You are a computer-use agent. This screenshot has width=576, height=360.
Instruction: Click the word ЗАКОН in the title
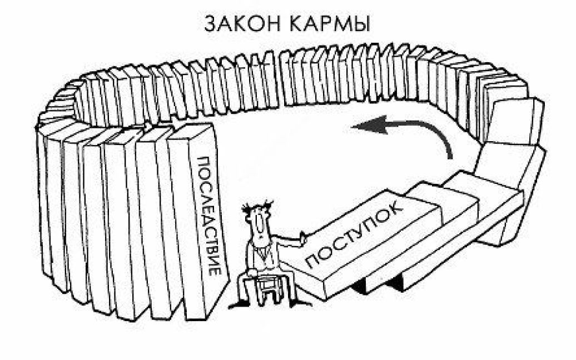[241, 24]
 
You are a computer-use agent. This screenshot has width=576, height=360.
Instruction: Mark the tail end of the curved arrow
[450, 156]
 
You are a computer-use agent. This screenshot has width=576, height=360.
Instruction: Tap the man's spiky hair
[257, 207]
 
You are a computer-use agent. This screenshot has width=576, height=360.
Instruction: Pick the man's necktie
[262, 252]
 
